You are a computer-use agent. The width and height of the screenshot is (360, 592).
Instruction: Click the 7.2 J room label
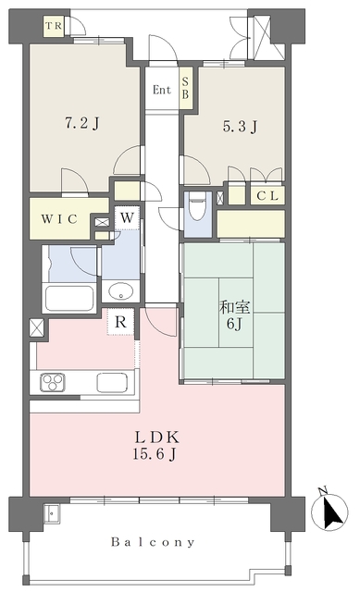82,123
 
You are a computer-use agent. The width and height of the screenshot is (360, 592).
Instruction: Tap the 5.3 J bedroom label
240,126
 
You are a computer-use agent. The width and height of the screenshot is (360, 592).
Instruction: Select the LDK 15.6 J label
155,446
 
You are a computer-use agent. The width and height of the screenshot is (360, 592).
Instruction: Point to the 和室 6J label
234,315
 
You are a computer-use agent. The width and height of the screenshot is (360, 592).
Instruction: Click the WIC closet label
59,219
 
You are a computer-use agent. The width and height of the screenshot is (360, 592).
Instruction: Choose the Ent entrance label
162,90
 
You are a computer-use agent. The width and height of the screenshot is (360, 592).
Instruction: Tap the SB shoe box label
185,88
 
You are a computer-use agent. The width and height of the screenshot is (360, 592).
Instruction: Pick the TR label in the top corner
54,26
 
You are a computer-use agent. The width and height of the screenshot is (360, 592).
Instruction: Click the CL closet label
267,196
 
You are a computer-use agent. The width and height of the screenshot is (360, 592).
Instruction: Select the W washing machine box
128,218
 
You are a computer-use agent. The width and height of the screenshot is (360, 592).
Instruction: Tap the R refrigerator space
120,322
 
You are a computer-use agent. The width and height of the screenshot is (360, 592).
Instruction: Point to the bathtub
69,298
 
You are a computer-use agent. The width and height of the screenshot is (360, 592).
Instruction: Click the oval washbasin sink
121,291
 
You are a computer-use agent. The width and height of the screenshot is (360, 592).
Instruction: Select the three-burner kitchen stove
53,382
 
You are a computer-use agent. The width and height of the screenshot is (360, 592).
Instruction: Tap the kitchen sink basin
112,382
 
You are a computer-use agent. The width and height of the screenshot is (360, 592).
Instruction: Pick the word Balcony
153,543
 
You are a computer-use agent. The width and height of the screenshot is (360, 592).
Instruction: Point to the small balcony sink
51,513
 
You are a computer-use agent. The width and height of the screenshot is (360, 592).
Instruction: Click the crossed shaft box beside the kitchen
37,327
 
